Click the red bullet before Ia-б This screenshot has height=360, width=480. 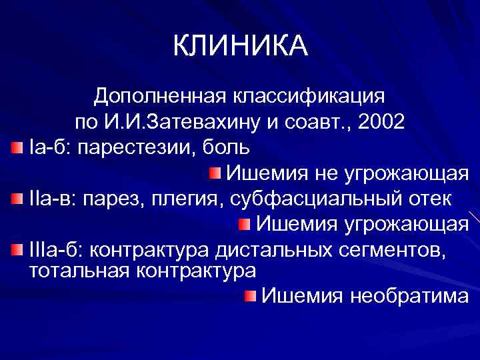pos(17,147)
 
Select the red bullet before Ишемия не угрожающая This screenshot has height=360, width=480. pos(213,173)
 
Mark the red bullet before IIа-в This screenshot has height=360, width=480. pos(17,198)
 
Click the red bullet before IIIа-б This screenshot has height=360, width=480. pos(17,249)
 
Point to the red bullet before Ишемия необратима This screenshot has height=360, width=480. pos(249,295)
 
